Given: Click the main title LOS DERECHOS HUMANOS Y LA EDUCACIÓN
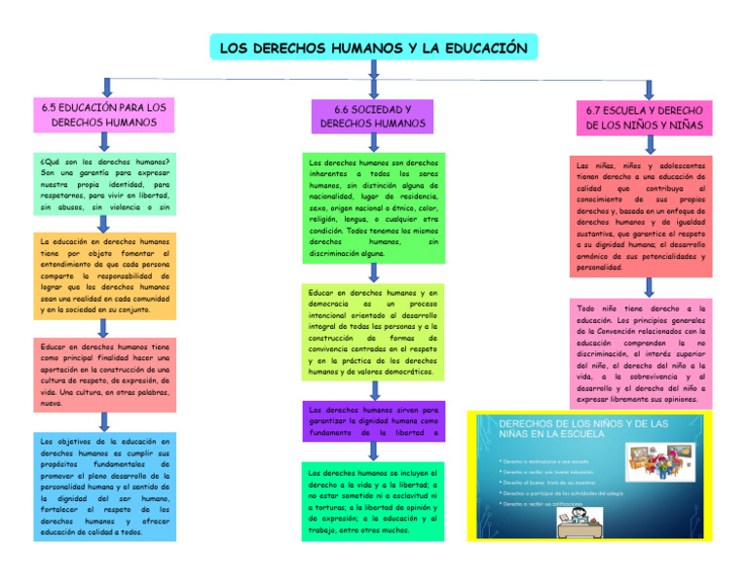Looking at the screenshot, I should click(373, 48).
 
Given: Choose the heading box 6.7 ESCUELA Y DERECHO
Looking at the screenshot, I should click(644, 119).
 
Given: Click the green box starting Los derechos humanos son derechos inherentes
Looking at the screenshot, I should click(373, 207).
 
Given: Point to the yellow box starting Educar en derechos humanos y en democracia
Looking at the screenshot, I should click(373, 332).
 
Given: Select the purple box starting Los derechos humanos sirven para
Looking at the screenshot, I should click(373, 421).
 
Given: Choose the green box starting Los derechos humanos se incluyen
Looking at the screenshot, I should click(373, 502).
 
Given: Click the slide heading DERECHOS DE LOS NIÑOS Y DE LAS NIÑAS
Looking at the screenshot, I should click(584, 429).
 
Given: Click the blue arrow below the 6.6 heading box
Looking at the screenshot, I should click(373, 142).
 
